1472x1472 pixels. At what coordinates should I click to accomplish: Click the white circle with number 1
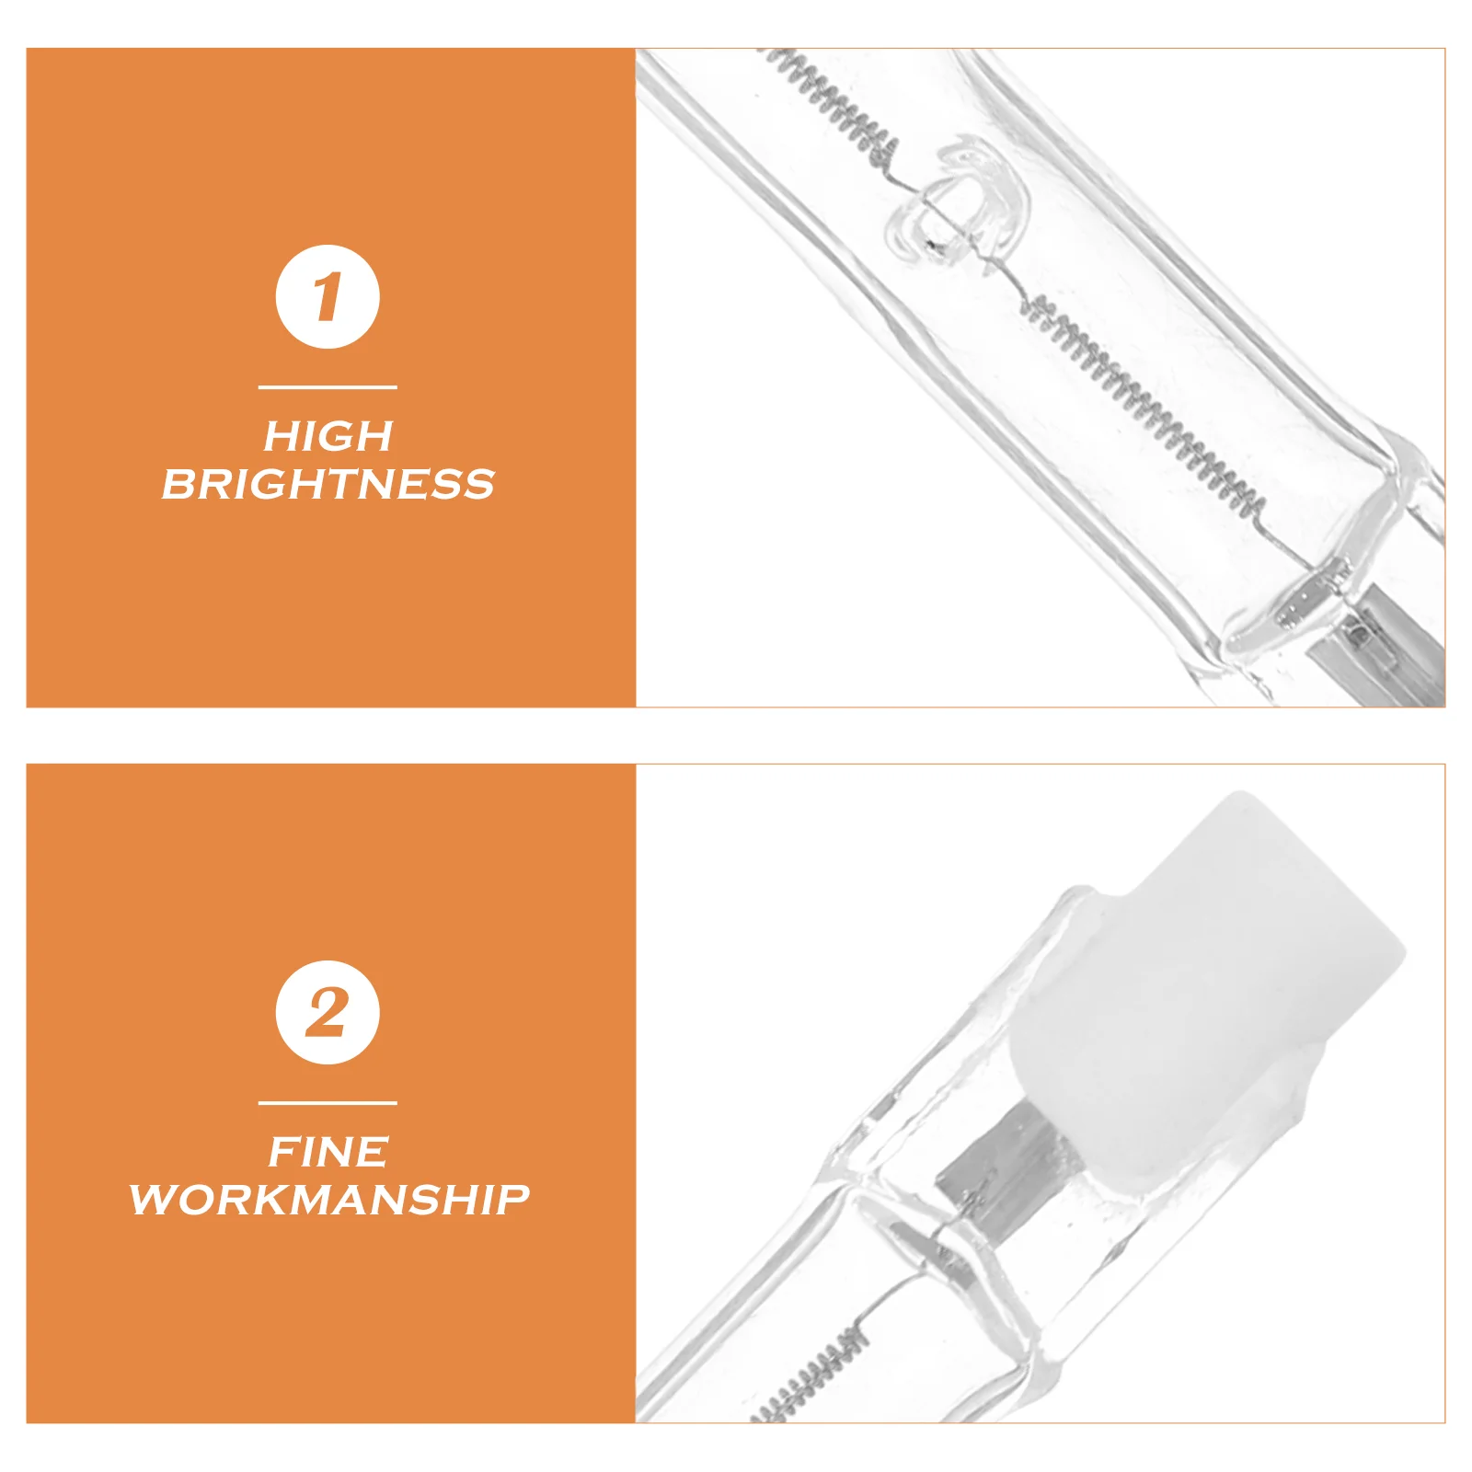point(328,296)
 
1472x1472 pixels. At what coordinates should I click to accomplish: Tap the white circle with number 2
point(328,1012)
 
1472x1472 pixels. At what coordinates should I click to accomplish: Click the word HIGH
point(328,436)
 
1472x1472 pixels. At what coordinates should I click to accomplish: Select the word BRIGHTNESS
point(328,484)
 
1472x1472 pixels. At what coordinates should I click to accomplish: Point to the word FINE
point(328,1152)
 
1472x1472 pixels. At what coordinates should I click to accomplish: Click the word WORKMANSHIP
point(329,1200)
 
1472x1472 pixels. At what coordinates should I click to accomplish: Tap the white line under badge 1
point(328,387)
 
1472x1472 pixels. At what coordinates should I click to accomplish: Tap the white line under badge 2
point(328,1102)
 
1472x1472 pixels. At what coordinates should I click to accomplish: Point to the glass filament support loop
point(957,207)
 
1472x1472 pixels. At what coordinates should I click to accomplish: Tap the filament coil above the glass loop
point(833,101)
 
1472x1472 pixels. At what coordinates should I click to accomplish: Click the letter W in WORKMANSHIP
point(152,1200)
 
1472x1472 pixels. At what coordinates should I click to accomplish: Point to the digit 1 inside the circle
point(327,296)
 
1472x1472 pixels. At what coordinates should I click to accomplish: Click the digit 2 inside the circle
point(327,1012)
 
